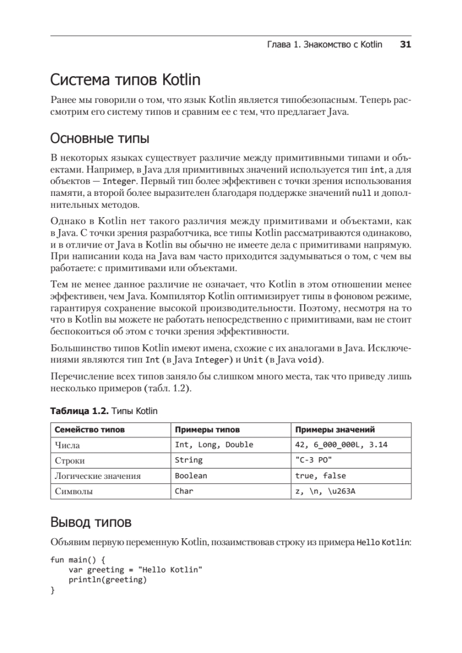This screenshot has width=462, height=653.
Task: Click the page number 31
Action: click(405, 45)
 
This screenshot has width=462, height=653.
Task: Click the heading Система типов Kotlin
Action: click(125, 81)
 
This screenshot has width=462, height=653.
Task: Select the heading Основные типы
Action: click(100, 139)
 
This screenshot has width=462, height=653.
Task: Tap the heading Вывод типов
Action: click(90, 523)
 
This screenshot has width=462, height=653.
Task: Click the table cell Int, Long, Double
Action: click(214, 445)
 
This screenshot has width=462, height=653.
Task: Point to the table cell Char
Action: click(184, 491)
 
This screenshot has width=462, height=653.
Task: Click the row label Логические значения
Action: click(97, 476)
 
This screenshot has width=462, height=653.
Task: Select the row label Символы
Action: click(73, 491)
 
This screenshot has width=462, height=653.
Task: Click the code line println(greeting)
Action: click(108, 580)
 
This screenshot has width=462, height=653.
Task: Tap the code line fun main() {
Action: click(77, 559)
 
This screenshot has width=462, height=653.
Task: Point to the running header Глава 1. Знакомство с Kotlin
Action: click(324, 45)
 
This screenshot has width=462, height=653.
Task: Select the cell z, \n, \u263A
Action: click(325, 491)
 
